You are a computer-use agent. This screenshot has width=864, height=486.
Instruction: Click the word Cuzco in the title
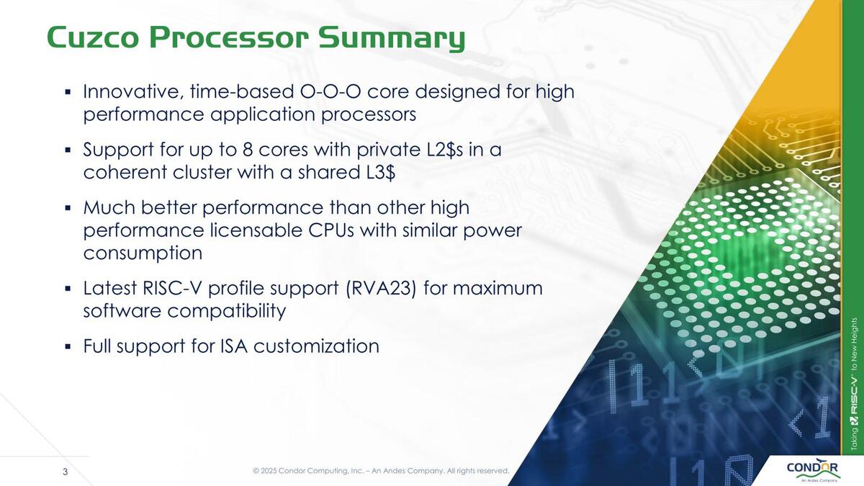point(93,37)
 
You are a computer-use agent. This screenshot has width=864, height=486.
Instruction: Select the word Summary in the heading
point(392,40)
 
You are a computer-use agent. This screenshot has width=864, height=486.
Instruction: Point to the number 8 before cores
point(248,150)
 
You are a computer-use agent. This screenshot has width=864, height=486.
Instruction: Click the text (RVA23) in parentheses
point(382,289)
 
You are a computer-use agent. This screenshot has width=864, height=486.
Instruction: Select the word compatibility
point(227,312)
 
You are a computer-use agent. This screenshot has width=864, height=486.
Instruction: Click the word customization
point(316,346)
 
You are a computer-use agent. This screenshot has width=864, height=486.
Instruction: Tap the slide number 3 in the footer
point(66,472)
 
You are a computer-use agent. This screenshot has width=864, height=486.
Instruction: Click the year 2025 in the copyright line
point(269,471)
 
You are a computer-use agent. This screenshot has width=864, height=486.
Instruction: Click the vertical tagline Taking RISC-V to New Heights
point(854,384)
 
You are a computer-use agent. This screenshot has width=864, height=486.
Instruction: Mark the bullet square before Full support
point(68,346)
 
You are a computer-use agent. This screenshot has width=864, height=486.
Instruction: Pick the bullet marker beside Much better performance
point(68,208)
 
